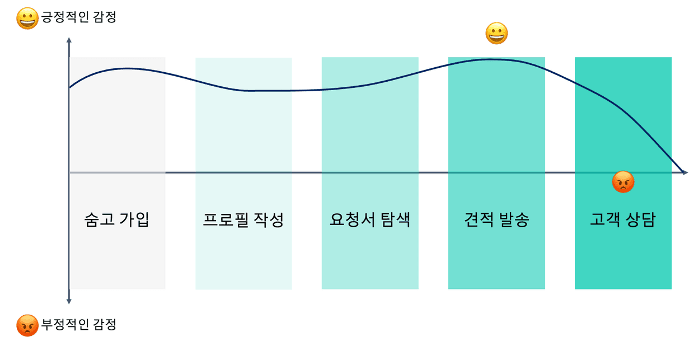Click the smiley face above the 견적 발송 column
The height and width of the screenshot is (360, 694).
tap(496, 34)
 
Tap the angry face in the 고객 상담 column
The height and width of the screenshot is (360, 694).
tap(623, 182)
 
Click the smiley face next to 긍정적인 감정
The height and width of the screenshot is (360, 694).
tap(27, 19)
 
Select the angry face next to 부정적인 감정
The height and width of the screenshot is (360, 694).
tap(27, 325)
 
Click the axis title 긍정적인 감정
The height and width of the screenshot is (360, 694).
tap(79, 18)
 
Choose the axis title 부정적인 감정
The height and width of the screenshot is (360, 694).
tap(79, 324)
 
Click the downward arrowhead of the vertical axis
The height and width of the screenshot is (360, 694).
tap(69, 301)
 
